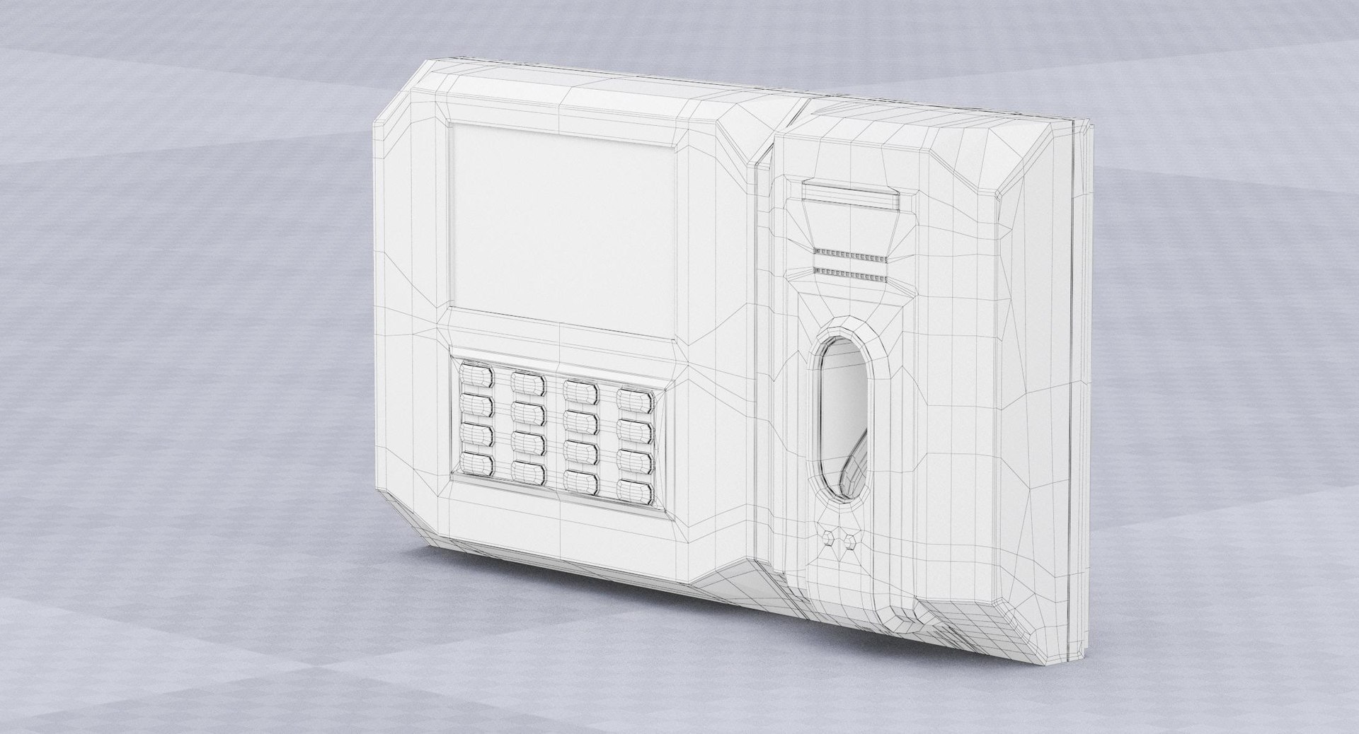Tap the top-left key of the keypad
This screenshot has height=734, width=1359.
click(x=476, y=375)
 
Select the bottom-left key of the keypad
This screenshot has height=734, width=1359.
click(x=476, y=464)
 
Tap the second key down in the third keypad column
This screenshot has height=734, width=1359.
click(x=580, y=421)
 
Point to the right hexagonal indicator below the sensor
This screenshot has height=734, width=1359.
click(x=849, y=542)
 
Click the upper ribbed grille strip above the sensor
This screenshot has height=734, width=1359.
click(x=850, y=254)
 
